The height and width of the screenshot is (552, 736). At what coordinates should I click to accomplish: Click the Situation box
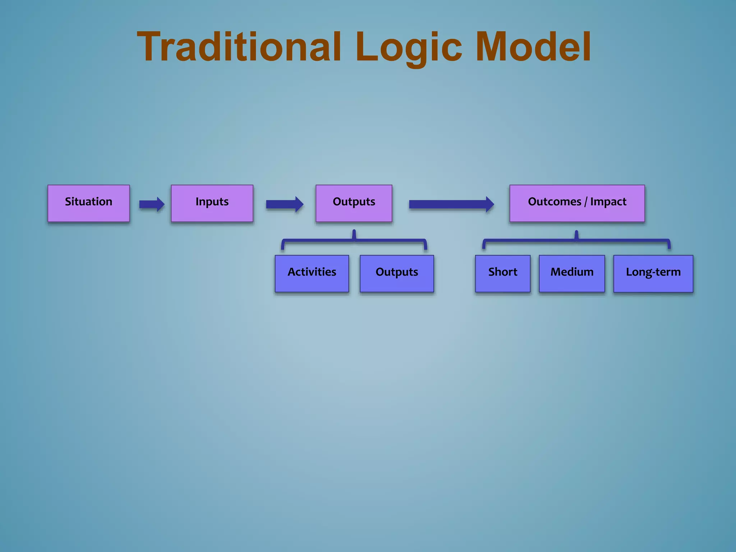tap(88, 203)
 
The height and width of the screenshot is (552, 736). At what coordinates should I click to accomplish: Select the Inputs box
tap(212, 203)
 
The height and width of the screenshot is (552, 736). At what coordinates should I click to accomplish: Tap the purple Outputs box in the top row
tap(354, 203)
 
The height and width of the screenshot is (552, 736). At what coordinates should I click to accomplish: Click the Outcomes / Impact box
tap(577, 203)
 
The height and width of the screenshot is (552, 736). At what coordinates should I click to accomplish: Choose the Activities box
tap(312, 273)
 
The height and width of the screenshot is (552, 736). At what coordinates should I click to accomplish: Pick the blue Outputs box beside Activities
tap(397, 273)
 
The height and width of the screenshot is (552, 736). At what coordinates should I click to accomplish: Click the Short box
tap(502, 273)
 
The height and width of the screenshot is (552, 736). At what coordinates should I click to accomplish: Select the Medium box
tap(572, 273)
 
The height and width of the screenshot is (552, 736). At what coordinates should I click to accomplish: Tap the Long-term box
tap(653, 273)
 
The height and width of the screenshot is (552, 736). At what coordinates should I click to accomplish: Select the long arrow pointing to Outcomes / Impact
tap(451, 204)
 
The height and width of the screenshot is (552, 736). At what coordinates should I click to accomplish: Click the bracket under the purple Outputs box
tap(354, 240)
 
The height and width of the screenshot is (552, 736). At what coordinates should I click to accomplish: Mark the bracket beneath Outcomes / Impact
tap(576, 240)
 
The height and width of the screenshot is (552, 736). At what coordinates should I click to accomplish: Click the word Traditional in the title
tap(239, 47)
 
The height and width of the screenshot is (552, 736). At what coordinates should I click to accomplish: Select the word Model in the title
tap(533, 47)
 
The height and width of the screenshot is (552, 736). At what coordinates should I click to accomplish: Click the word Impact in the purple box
tap(608, 202)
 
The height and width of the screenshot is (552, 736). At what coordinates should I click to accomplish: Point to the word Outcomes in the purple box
tap(554, 202)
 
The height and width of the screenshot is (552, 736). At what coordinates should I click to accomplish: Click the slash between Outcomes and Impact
tap(585, 202)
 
